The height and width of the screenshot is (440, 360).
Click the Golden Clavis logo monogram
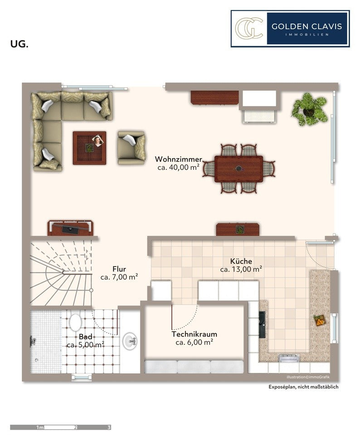(249, 28)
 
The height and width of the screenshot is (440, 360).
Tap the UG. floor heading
(19, 44)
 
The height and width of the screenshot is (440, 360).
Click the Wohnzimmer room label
(178, 160)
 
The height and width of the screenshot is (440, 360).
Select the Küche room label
(241, 261)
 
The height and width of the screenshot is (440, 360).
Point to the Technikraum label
(195, 334)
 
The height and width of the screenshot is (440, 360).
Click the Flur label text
(119, 269)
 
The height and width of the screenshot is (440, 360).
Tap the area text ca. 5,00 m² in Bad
(85, 345)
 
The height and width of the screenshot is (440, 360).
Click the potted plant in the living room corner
(310, 110)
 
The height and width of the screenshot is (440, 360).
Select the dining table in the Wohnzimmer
(238, 169)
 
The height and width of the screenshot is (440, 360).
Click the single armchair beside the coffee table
(131, 147)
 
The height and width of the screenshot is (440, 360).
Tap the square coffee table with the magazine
(90, 148)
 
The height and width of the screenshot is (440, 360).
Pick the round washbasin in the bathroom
(130, 341)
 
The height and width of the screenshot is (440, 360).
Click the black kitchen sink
(262, 324)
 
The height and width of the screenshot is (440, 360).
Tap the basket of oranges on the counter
(319, 320)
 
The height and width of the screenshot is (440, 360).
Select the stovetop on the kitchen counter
(288, 358)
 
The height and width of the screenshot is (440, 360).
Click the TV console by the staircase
(70, 228)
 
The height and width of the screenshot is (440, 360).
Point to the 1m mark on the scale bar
(40, 427)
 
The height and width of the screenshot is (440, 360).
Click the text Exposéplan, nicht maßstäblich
(303, 387)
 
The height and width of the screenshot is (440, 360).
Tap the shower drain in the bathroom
(36, 360)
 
